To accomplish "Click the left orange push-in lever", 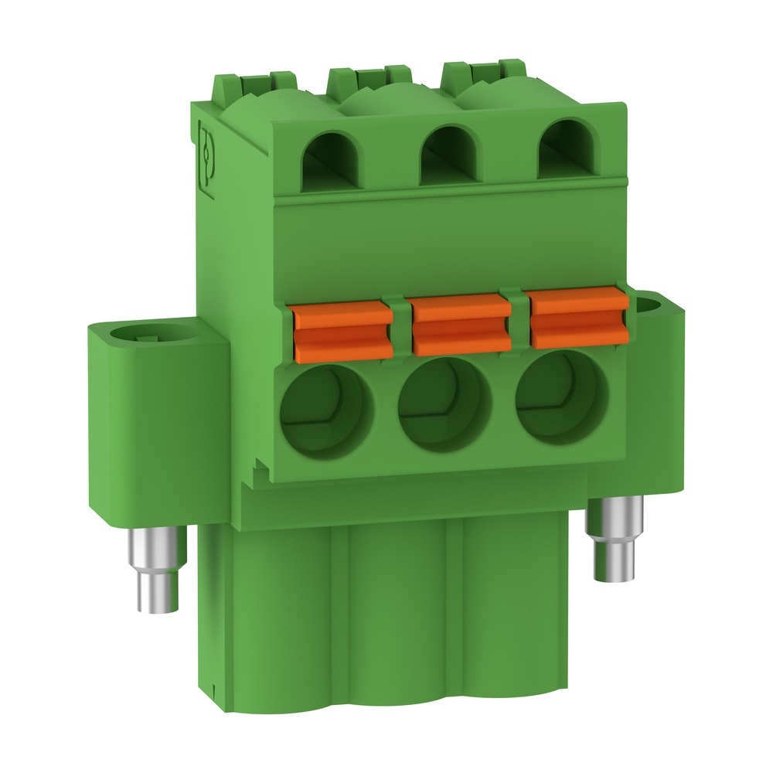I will pos(341,332).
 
